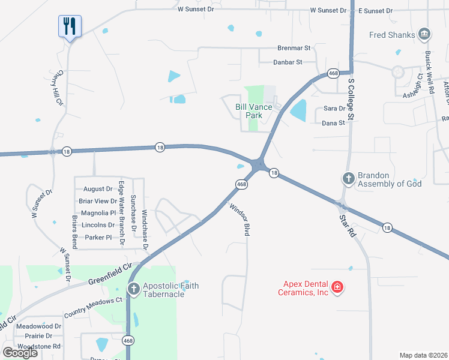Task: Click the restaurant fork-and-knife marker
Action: tap(70, 26)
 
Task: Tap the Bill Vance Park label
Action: tap(253, 111)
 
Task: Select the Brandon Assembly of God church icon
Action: tap(348, 178)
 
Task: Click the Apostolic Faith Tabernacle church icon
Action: tap(134, 290)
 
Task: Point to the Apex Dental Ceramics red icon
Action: tap(337, 288)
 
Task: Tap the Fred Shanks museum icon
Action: tap(424, 34)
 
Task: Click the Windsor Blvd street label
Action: tap(239, 220)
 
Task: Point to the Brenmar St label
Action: tap(294, 48)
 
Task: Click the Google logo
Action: tap(20, 352)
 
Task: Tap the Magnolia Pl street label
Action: tap(97, 213)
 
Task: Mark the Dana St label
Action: tap(334, 122)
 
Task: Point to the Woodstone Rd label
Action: tap(38, 346)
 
